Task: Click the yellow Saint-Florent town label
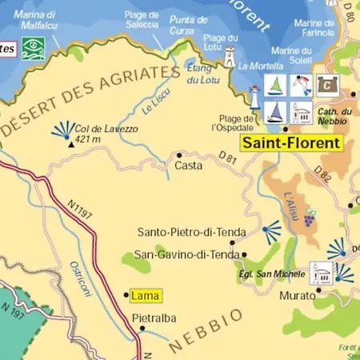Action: (291, 144)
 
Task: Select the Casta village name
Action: (188, 166)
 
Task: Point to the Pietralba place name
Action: (153, 318)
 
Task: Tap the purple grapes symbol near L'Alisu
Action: (309, 217)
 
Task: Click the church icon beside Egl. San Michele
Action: (322, 272)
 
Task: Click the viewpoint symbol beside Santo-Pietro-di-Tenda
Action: (273, 231)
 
